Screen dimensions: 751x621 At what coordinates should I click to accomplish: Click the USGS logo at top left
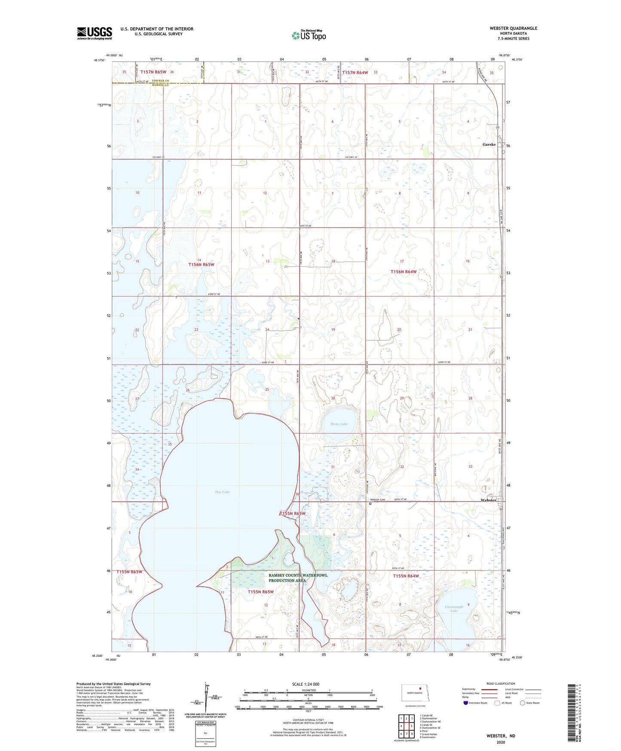(95, 33)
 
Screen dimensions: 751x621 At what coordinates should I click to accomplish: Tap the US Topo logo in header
(309, 35)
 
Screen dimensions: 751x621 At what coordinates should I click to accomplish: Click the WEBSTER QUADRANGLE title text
(513, 28)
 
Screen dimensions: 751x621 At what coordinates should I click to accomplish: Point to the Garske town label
(489, 145)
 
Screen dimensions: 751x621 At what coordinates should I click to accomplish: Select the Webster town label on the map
(488, 500)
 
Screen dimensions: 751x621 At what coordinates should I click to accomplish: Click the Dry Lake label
(223, 492)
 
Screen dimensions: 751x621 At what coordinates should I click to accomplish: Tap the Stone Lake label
(339, 424)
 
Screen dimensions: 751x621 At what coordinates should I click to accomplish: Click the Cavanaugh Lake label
(454, 609)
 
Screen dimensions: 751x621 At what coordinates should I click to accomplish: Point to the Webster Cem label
(378, 499)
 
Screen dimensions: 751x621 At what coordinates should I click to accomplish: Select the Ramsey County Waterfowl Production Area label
(298, 578)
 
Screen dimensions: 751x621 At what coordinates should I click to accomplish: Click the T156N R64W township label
(403, 271)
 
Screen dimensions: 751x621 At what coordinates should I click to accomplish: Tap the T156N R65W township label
(201, 265)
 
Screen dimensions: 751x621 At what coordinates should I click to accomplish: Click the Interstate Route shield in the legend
(466, 703)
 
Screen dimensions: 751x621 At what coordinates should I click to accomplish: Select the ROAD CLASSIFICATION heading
(501, 683)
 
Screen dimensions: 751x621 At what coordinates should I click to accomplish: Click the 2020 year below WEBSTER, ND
(500, 742)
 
